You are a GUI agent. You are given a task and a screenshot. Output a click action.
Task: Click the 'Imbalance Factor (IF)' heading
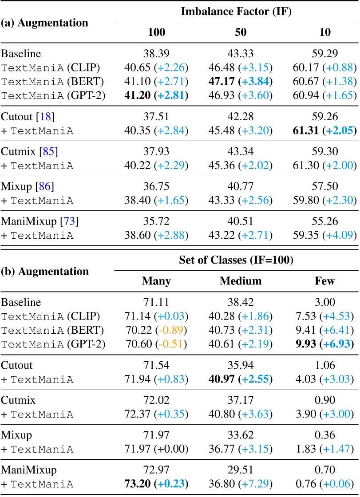tap(236, 12)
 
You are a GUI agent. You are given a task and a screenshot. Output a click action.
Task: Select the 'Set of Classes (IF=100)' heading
tap(236, 260)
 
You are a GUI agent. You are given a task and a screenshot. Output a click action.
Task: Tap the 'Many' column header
tap(156, 281)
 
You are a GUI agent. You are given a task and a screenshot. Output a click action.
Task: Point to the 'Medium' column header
tap(241, 281)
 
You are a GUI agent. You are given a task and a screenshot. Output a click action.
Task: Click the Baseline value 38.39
tap(156, 54)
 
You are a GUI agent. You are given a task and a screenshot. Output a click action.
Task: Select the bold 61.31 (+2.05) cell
tap(324, 131)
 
